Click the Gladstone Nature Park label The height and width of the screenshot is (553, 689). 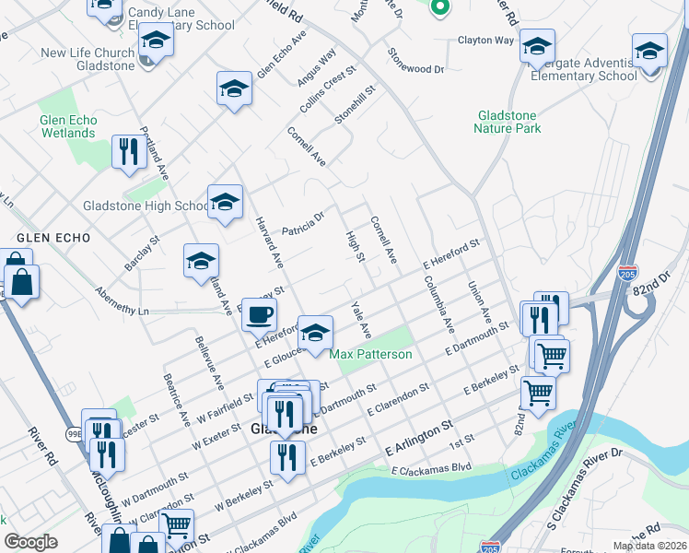(508, 122)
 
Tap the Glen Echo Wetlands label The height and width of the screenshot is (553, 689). (68, 126)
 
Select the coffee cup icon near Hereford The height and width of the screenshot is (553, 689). (259, 314)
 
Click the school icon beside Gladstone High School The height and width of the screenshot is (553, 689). (224, 205)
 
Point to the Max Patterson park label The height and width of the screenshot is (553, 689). (370, 354)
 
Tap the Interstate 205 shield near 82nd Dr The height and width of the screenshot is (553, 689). (627, 274)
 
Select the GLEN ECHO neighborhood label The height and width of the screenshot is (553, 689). (53, 238)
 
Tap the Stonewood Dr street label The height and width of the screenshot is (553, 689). (415, 62)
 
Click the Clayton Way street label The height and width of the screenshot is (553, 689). (485, 41)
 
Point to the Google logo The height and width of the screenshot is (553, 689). (31, 542)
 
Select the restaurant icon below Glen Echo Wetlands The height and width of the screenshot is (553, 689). (128, 151)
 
